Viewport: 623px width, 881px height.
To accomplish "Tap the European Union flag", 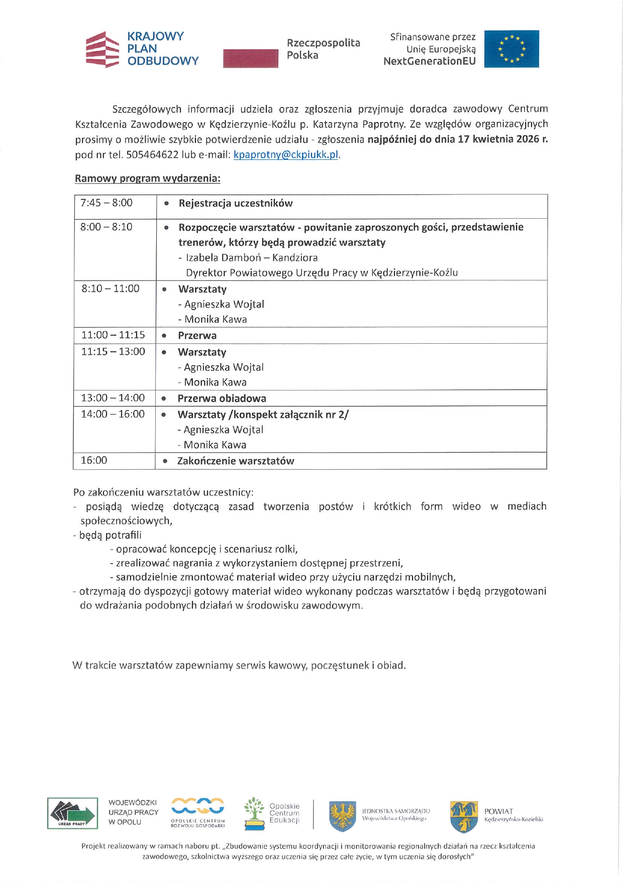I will [x=511, y=49].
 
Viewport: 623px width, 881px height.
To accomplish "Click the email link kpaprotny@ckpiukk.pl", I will [x=286, y=155].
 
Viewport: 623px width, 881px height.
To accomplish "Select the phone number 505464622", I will [x=152, y=155].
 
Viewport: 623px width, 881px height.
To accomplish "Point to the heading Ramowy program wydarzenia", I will [x=147, y=178].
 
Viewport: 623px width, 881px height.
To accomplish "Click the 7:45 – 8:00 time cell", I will [x=107, y=203].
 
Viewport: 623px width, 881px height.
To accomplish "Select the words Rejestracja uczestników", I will [x=235, y=204].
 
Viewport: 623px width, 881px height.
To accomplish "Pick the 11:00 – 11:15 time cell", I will [x=113, y=335].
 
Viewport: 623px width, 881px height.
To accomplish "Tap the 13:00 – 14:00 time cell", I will [x=113, y=398].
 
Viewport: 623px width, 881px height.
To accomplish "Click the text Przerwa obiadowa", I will [x=222, y=399].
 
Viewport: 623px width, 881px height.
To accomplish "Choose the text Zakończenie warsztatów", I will [x=235, y=461].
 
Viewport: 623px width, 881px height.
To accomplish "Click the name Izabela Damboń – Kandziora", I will [x=252, y=258].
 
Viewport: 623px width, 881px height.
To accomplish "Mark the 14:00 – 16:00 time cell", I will [x=113, y=415].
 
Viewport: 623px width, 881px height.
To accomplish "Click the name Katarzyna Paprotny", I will [x=359, y=124].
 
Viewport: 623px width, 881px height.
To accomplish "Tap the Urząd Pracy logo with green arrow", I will [x=72, y=813].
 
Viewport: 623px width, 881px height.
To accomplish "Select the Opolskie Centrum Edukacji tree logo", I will [x=254, y=813].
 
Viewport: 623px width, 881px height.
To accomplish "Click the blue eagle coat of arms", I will [x=343, y=815].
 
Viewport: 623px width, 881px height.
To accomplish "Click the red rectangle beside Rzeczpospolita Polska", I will [x=250, y=58].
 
